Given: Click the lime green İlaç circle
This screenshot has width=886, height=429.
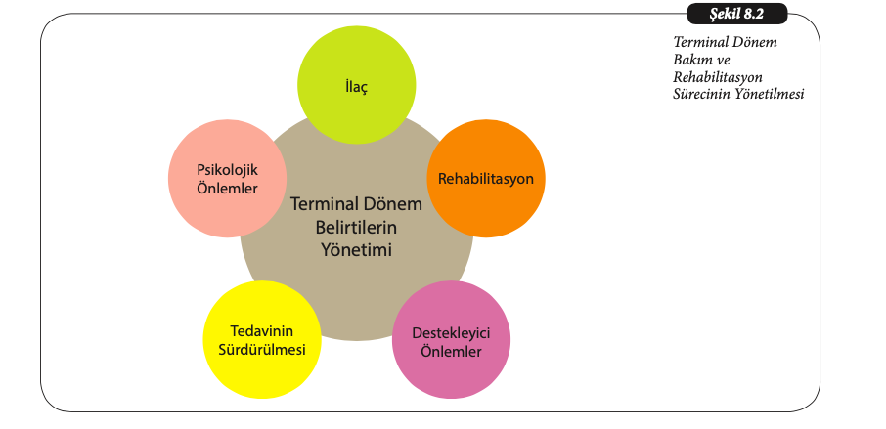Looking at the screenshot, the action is pyautogui.click(x=357, y=85).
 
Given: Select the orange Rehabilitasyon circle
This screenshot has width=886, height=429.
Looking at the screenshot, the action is pyautogui.click(x=486, y=179).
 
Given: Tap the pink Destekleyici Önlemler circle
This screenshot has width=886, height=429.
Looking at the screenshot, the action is pyautogui.click(x=451, y=340).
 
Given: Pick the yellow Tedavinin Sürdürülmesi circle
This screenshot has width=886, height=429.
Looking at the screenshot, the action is pyautogui.click(x=262, y=340).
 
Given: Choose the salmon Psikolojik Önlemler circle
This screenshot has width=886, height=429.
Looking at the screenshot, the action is pyautogui.click(x=227, y=179).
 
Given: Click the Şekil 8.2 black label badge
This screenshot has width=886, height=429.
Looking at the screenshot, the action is pyautogui.click(x=736, y=14).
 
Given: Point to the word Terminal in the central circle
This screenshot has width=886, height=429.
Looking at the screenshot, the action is pyautogui.click(x=322, y=203).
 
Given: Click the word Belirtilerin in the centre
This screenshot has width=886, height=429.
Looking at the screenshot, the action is pyautogui.click(x=356, y=227).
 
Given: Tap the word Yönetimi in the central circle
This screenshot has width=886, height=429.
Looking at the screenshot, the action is pyautogui.click(x=356, y=249).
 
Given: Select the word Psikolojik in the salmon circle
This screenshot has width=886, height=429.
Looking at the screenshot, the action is pyautogui.click(x=227, y=169).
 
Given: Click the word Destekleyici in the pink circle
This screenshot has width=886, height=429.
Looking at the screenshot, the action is pyautogui.click(x=451, y=333).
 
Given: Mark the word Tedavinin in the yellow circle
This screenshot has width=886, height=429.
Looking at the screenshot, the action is pyautogui.click(x=262, y=330).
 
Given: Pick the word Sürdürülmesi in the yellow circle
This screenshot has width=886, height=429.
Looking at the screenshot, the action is pyautogui.click(x=262, y=350).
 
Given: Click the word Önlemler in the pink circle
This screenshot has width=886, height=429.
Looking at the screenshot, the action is pyautogui.click(x=451, y=352).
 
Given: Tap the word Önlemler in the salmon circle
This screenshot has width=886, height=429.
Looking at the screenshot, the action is pyautogui.click(x=227, y=188).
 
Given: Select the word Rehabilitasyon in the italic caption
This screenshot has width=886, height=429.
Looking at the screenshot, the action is pyautogui.click(x=718, y=77).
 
